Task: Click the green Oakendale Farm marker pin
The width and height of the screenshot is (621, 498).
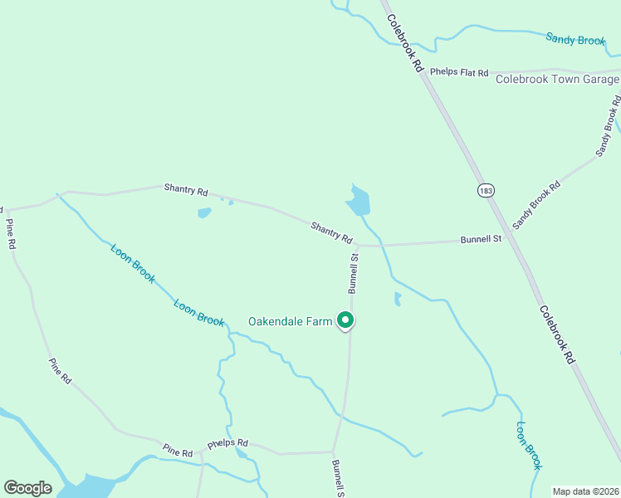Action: point(345,320)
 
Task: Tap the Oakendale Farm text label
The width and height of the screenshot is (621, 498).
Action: point(290,321)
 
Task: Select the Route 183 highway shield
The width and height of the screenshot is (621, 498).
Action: point(485,191)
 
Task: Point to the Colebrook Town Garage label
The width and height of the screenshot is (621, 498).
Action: point(557,80)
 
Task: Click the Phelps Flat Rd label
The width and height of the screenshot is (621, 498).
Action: point(459,73)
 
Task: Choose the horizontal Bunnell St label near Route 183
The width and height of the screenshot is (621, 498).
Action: point(482,240)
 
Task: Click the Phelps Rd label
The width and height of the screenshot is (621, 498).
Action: point(227,443)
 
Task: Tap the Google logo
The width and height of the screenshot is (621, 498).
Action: point(27,488)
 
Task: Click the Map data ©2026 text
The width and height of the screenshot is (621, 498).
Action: point(584,491)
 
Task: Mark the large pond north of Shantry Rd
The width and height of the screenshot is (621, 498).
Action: point(359,202)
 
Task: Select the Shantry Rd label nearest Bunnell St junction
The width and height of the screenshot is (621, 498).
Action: point(331,232)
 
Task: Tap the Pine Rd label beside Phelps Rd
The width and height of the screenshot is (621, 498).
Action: point(178,452)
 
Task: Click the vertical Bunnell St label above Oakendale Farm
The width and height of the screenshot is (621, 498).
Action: point(354,274)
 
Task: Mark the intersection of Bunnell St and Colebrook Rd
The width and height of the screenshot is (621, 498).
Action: point(511,239)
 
